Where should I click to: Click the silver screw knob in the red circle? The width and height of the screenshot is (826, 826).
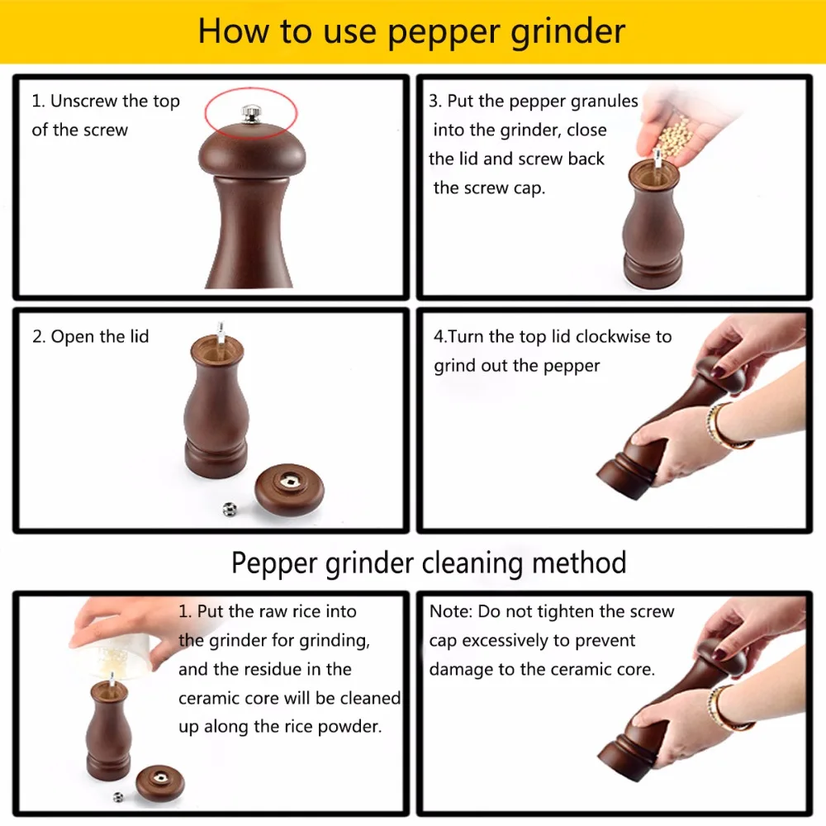tap(251, 113)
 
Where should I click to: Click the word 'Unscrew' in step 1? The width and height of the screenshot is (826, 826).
tap(84, 100)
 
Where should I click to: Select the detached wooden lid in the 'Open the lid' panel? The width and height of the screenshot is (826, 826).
tap(289, 488)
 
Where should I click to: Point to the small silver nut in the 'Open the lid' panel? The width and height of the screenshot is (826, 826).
tap(230, 509)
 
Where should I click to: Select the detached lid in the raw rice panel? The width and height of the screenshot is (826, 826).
tap(160, 783)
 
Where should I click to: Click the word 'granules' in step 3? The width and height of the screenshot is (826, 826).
tap(604, 101)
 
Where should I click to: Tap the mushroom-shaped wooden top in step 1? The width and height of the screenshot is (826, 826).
tap(252, 152)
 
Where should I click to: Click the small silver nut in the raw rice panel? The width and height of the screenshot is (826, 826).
tap(118, 797)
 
